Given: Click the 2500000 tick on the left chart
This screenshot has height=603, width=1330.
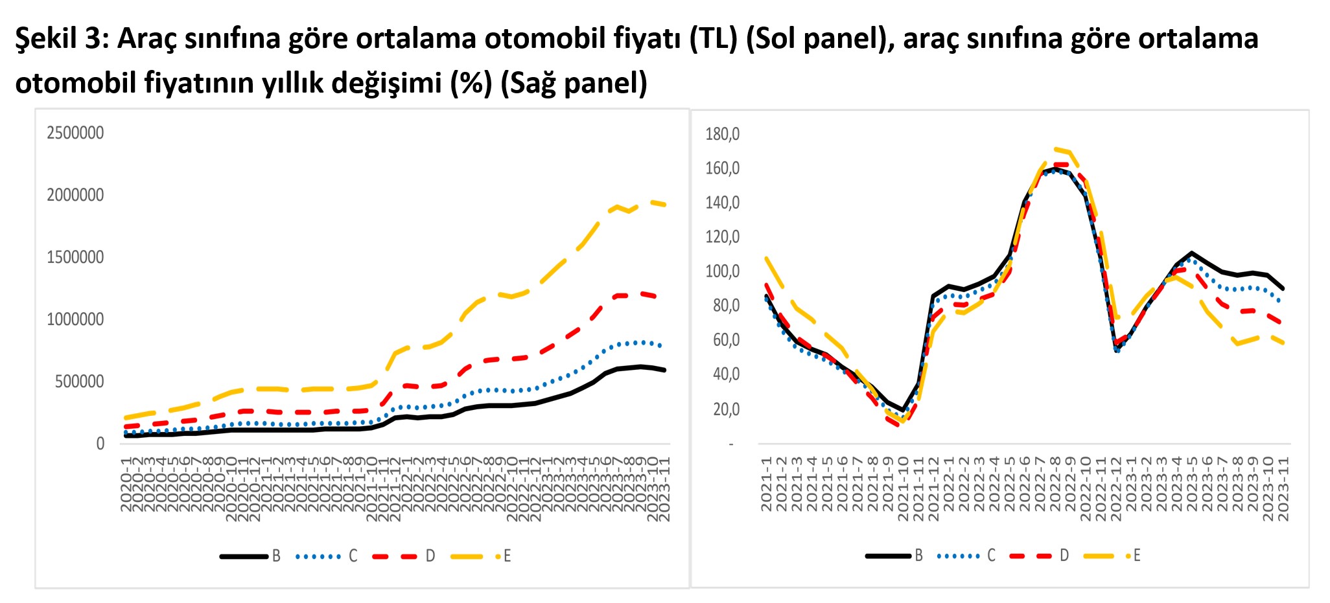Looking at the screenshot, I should (x=75, y=133).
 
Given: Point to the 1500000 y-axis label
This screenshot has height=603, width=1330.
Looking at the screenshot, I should (x=75, y=257).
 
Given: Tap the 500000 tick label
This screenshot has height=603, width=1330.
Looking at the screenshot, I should (x=79, y=381).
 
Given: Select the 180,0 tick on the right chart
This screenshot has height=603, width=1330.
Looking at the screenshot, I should (x=722, y=134).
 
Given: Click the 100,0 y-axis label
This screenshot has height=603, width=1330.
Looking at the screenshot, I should (x=722, y=271).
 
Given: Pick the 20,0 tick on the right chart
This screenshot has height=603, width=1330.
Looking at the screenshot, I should (x=726, y=409).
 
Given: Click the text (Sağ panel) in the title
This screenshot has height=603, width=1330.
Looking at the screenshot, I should (x=574, y=83).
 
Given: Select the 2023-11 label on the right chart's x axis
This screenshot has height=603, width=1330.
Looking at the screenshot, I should (x=1283, y=489).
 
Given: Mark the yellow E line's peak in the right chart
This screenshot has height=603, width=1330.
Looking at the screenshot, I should (x=1056, y=148).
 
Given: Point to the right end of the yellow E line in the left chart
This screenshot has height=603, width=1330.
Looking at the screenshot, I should (x=665, y=205).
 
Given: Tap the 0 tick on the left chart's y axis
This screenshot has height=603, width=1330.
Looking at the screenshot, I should (x=100, y=444).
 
